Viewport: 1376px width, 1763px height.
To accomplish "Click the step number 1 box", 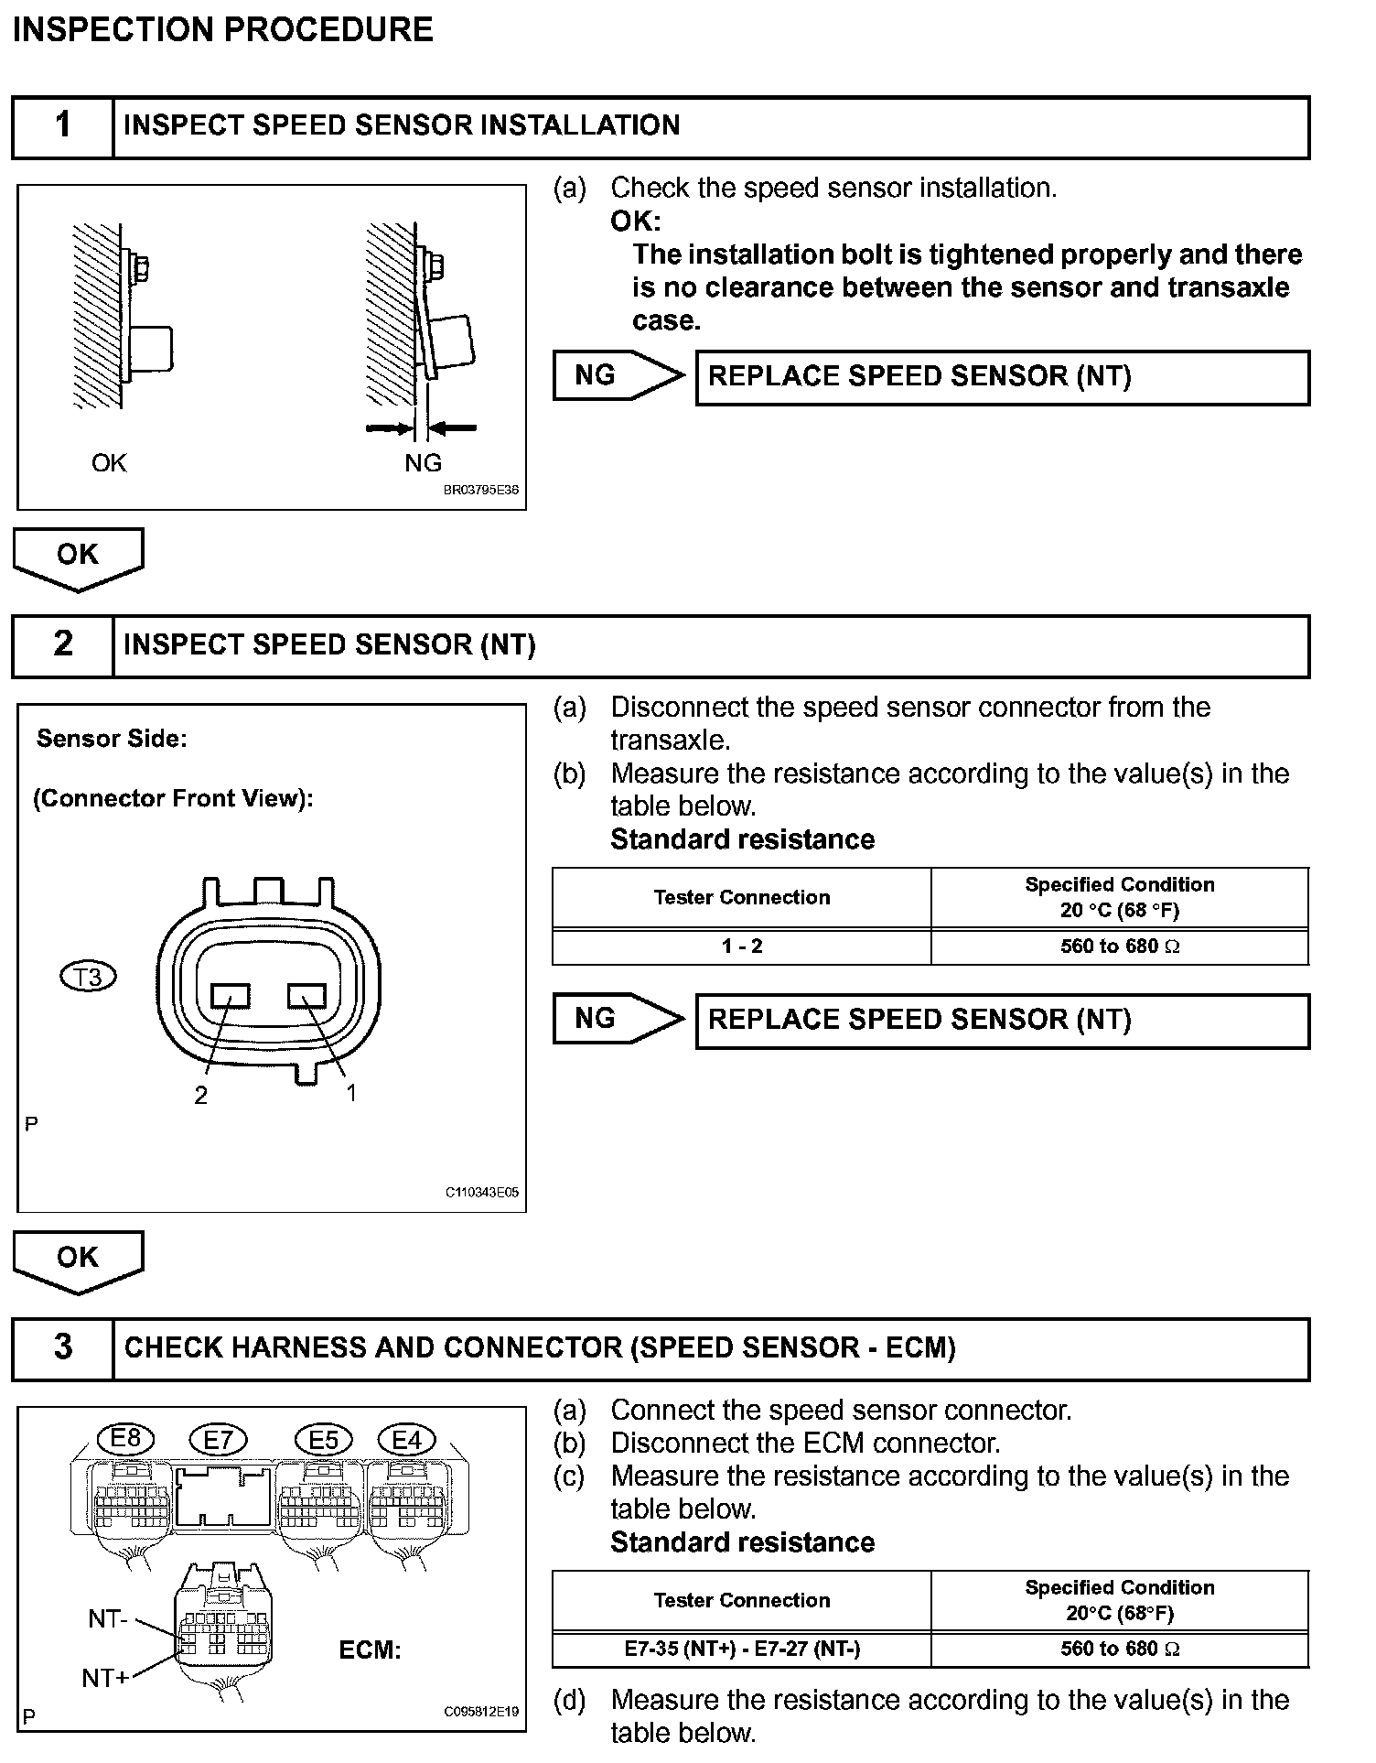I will (x=62, y=126).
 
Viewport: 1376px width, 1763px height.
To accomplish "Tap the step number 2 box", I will (x=62, y=645).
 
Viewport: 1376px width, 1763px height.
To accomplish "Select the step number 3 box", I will (x=62, y=1348).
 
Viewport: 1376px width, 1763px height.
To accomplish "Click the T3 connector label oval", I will (x=88, y=978).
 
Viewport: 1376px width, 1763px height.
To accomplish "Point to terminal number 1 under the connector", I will (x=350, y=1092).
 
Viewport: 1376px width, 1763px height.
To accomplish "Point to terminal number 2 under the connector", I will (x=200, y=1095).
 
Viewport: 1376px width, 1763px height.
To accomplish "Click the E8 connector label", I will (x=125, y=1440).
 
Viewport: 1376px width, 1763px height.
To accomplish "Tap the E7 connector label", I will (x=218, y=1442).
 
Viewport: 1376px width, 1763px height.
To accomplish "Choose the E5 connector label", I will (x=324, y=1441).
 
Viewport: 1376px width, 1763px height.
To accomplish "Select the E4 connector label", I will (x=407, y=1441).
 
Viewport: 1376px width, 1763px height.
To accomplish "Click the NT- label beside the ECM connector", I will (x=108, y=1619).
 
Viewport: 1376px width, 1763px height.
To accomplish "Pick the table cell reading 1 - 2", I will (x=741, y=946).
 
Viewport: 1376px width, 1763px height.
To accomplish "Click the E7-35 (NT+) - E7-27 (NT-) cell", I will (x=741, y=1649).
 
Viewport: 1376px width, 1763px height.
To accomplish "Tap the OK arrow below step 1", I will (x=78, y=557).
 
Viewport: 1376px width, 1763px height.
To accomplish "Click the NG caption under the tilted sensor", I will (x=423, y=463).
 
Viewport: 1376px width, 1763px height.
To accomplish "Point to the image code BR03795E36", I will (x=481, y=490).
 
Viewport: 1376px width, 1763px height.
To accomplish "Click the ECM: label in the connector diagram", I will (x=370, y=1650).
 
